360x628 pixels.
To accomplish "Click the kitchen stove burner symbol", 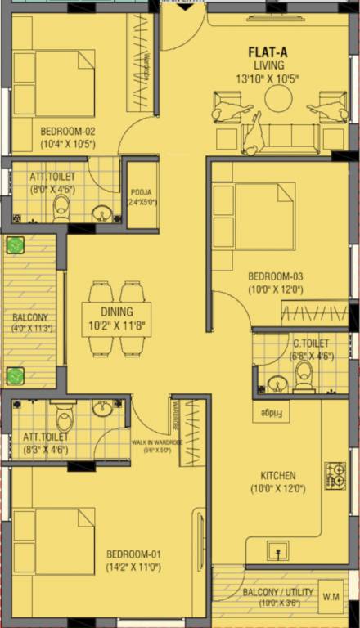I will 335,475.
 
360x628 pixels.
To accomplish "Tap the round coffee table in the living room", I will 278,99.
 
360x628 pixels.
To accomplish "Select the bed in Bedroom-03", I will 253,216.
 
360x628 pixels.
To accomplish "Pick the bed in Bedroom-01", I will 52,541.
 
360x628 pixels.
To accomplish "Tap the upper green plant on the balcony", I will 16,245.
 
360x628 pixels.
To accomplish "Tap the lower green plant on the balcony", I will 16,376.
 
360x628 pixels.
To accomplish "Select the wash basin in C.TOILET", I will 277,383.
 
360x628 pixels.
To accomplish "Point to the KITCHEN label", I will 278,475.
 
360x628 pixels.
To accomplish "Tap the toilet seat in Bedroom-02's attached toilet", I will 61,209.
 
